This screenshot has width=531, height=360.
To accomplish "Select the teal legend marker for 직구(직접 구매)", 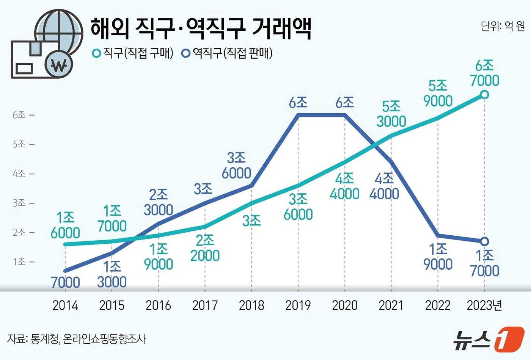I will point(97,53).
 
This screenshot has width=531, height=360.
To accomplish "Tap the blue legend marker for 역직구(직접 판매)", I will point(186,53).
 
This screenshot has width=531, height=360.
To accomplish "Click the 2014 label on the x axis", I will point(65,305).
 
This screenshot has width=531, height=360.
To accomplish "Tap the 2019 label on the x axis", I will point(298,305).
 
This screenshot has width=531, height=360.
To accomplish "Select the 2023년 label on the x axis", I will point(484,305).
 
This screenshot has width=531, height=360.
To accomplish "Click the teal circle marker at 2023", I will point(484,94).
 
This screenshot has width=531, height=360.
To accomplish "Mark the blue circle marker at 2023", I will point(484,241).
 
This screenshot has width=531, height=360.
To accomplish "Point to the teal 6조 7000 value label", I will point(484,73).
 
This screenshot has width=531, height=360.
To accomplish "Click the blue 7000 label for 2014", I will point(65,282).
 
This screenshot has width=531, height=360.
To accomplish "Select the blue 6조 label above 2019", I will point(298,102).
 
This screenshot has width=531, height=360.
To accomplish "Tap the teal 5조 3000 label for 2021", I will point(391,114).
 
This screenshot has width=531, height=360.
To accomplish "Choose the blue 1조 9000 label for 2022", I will point(438,257).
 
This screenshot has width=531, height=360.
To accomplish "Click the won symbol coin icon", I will point(58,65).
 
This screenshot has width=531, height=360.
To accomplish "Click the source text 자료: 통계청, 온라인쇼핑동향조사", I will point(76,338).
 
